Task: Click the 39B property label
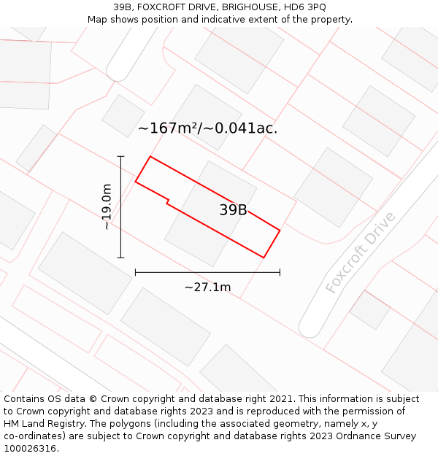pyautogui.click(x=233, y=210)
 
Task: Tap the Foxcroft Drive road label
pyautogui.click(x=361, y=252)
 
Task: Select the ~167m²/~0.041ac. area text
pyautogui.click(x=207, y=128)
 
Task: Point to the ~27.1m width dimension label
pyautogui.click(x=207, y=287)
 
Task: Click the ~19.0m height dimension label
pyautogui.click(x=107, y=206)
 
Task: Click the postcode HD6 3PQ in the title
pyautogui.click(x=306, y=7)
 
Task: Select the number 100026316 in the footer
pyautogui.click(x=29, y=449)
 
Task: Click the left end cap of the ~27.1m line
pyautogui.click(x=135, y=273)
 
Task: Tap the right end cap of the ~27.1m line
pyautogui.click(x=280, y=273)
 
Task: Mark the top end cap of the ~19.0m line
pyautogui.click(x=120, y=156)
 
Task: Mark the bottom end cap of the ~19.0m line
pyautogui.click(x=120, y=258)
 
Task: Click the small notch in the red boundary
pyautogui.click(x=169, y=201)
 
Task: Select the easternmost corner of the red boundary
pyautogui.click(x=280, y=231)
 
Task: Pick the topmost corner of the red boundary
pyautogui.click(x=150, y=156)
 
